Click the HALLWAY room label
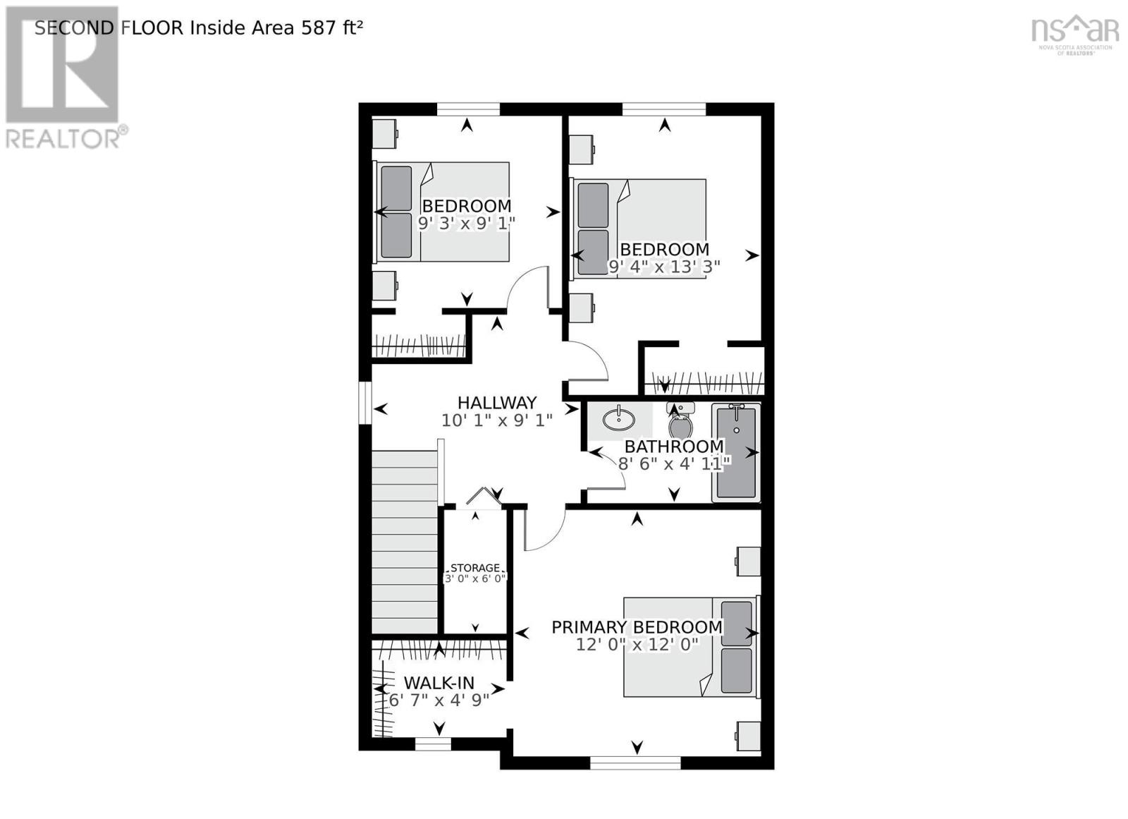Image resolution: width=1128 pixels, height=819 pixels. [497, 403]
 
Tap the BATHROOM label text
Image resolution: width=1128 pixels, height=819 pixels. [674, 447]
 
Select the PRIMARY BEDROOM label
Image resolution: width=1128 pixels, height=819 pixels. [637, 627]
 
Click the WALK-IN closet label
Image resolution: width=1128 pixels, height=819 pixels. [439, 683]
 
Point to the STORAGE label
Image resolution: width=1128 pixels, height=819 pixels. [475, 568]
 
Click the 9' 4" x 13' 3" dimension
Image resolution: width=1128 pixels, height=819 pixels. [663, 267]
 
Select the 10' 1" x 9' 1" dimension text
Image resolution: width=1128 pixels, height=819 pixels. [497, 420]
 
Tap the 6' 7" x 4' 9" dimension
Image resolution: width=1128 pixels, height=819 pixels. [439, 700]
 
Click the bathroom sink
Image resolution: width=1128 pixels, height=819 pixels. [619, 419]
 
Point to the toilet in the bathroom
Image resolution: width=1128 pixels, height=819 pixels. [680, 423]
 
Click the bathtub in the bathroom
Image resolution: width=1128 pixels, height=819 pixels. [736, 452]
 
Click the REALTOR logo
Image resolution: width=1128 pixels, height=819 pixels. [64, 78]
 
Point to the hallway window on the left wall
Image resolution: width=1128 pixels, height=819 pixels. [364, 403]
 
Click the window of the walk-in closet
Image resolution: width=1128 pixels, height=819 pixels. [433, 744]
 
